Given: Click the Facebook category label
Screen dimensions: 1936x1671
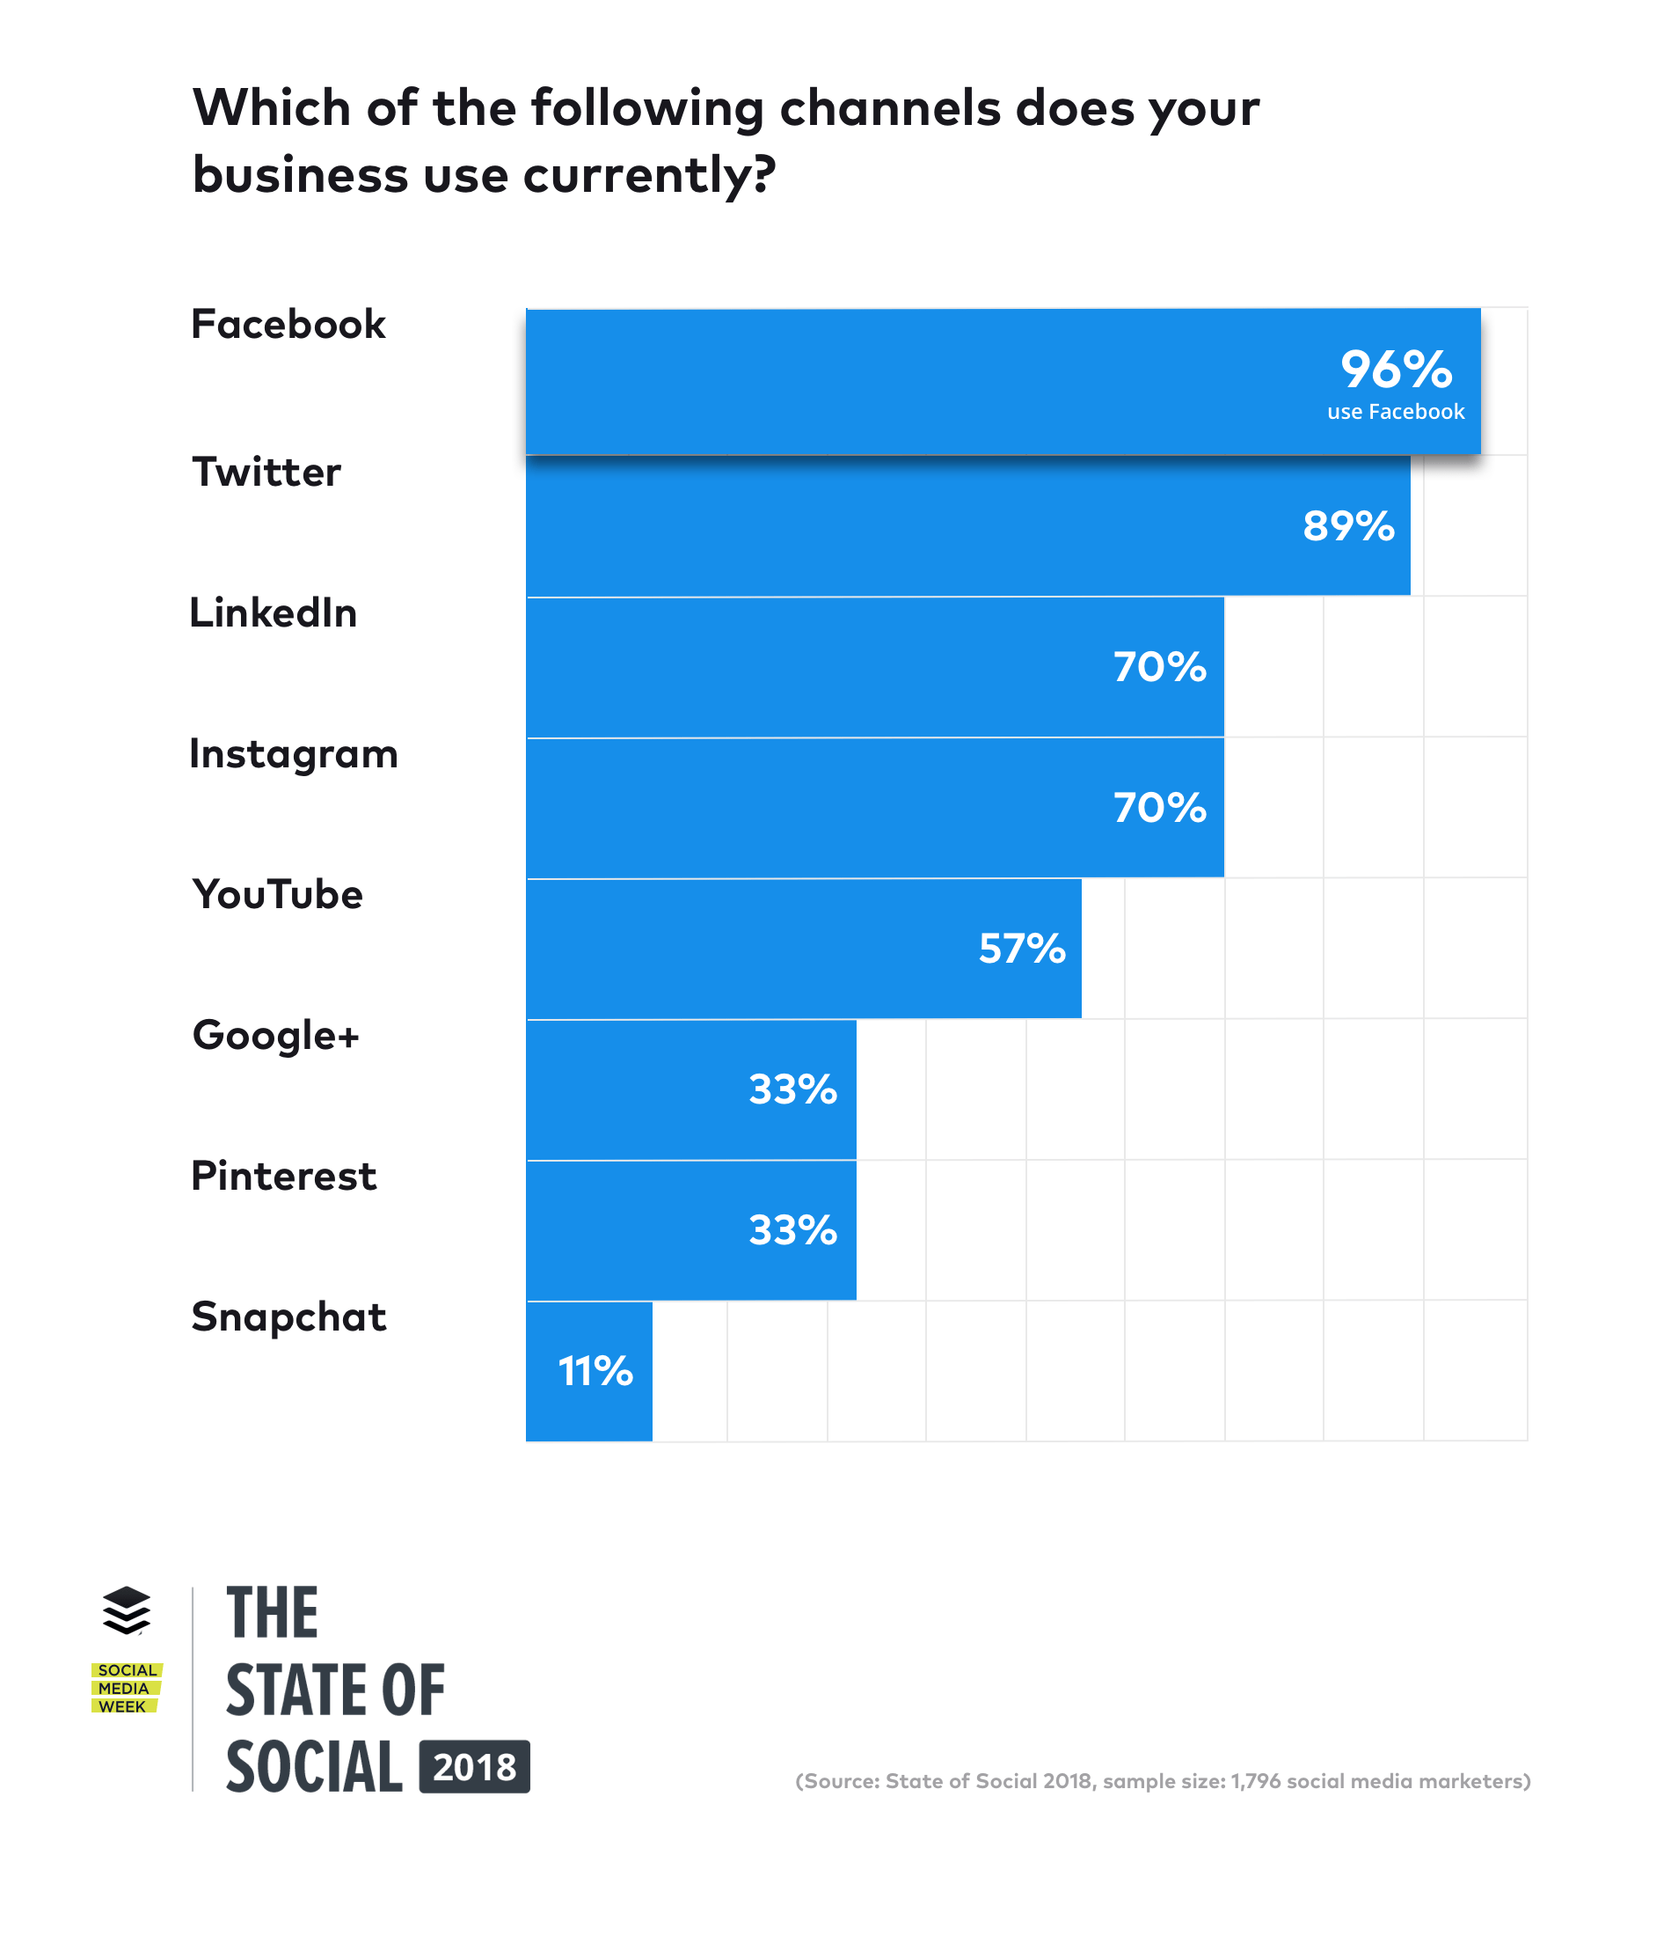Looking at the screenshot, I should click(288, 324).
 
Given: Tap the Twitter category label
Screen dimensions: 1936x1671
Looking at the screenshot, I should click(266, 472).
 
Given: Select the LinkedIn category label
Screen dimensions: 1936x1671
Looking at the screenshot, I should click(273, 613).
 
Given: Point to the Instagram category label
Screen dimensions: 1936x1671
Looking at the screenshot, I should click(293, 754).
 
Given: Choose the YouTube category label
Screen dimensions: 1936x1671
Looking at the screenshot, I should click(277, 894).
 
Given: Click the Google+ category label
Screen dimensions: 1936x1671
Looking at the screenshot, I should click(275, 1035).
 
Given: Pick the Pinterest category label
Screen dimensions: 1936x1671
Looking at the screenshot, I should click(284, 1176).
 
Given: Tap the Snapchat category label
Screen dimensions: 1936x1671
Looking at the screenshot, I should click(288, 1316).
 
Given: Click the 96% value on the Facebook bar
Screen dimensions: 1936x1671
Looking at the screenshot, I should click(1396, 369).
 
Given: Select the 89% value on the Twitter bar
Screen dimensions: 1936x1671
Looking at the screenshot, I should click(1348, 526).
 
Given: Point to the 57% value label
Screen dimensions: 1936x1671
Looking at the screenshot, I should click(1021, 949).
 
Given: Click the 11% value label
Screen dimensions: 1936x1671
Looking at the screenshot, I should click(595, 1372).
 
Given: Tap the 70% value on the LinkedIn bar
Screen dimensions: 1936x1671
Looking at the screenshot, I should click(1159, 667).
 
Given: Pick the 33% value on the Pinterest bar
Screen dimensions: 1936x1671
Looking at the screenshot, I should click(792, 1230).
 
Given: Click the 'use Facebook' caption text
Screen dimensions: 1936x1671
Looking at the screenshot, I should click(1396, 412).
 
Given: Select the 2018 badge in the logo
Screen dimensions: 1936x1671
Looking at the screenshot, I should click(475, 1767).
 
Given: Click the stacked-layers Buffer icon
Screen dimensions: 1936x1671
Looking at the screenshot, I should click(126, 1610).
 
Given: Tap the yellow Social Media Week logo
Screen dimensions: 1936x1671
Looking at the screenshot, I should click(126, 1689).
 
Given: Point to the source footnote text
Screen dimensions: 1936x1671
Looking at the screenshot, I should click(1162, 1781).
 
